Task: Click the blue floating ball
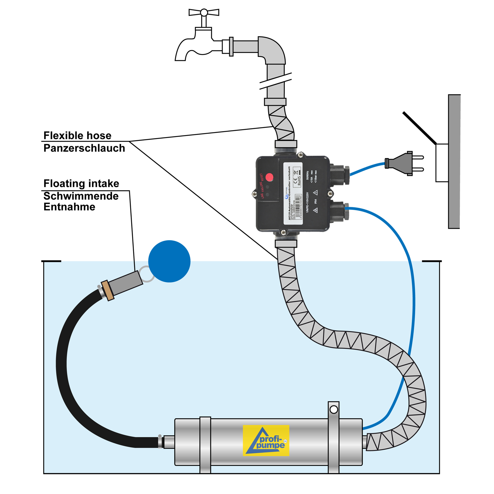click(169, 261)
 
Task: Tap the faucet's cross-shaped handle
click(204, 13)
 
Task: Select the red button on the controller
click(269, 178)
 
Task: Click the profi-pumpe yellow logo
click(266, 441)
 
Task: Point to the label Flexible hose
click(77, 136)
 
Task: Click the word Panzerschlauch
click(84, 149)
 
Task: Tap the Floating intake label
click(81, 183)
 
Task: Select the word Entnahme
click(69, 207)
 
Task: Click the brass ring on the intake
click(108, 290)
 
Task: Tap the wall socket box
click(442, 163)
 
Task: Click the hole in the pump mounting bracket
click(334, 410)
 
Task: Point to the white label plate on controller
click(293, 194)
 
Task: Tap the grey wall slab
click(454, 161)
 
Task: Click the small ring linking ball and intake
click(146, 274)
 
